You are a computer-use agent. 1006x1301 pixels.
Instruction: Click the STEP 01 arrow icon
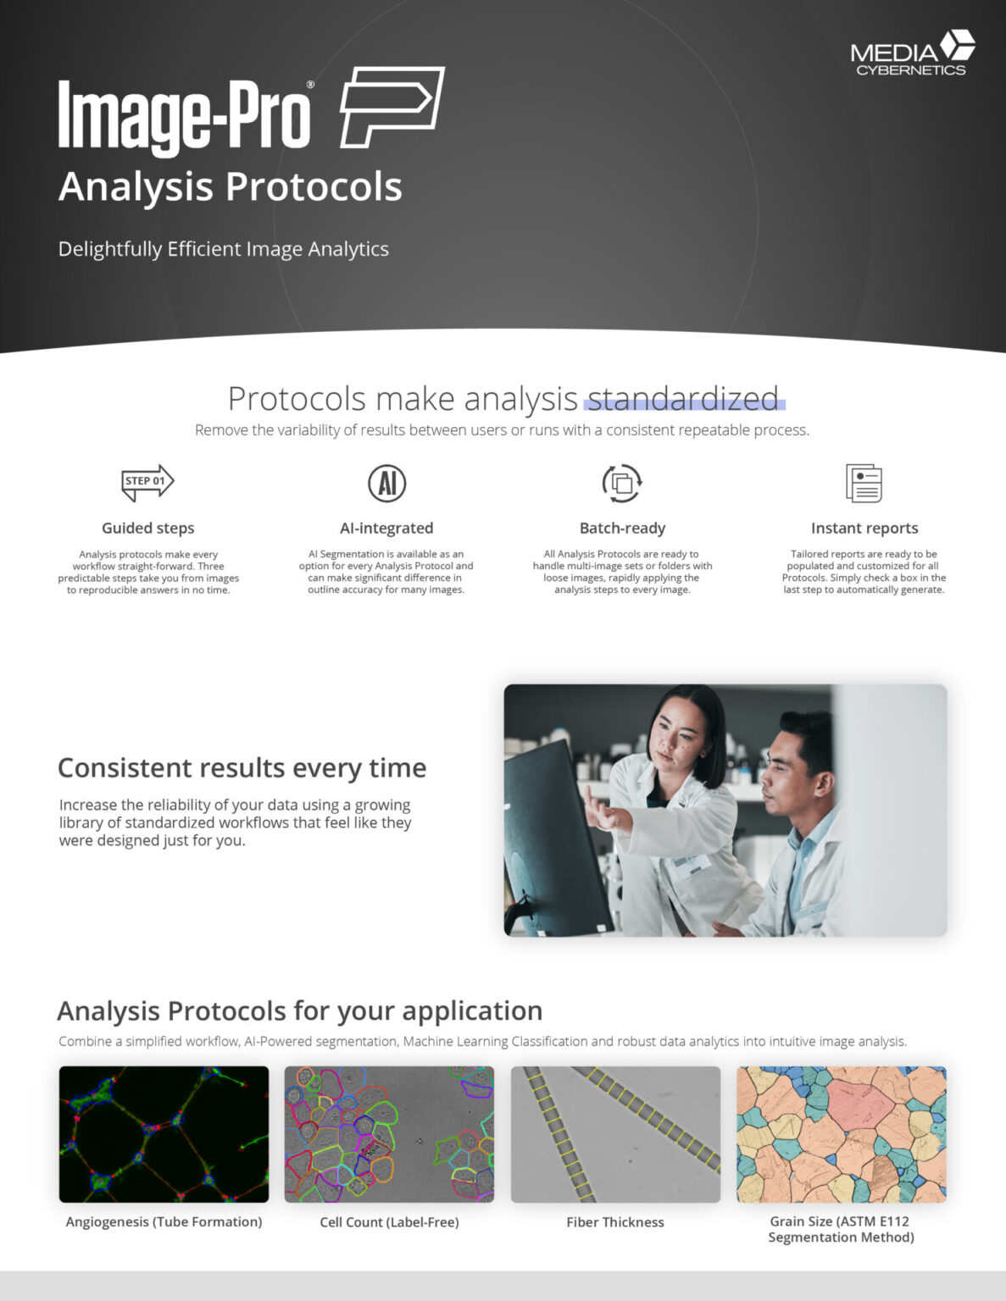click(147, 482)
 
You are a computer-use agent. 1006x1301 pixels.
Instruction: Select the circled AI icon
click(386, 483)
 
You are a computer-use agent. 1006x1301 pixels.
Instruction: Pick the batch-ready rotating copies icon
click(622, 483)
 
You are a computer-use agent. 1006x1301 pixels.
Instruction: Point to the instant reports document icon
click(864, 483)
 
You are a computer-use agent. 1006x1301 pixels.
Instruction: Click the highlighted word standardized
click(683, 398)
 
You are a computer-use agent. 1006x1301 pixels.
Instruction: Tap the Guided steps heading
click(148, 528)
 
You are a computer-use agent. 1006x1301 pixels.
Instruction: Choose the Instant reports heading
click(864, 528)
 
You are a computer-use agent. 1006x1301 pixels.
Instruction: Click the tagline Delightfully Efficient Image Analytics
click(223, 249)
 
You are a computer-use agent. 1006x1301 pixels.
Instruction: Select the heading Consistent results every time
click(242, 767)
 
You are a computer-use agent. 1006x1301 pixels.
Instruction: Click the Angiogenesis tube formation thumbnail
click(164, 1134)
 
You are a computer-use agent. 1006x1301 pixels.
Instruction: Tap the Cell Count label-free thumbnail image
click(389, 1134)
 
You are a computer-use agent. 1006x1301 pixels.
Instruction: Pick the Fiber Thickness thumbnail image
click(615, 1134)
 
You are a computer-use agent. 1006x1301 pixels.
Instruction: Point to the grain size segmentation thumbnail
click(841, 1134)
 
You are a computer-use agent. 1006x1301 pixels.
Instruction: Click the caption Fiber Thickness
click(615, 1222)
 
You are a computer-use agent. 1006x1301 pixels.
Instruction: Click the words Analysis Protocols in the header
click(230, 186)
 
